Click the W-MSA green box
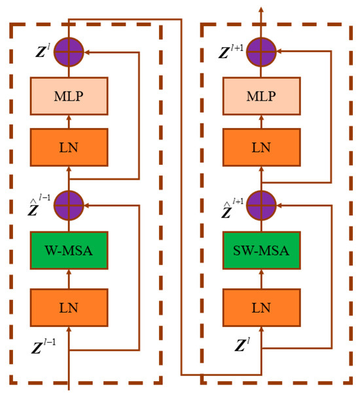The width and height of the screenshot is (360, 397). (69, 250)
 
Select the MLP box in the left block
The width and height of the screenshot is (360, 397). (69, 96)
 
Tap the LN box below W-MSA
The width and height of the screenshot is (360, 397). (69, 305)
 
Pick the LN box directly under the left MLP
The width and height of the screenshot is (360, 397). (69, 148)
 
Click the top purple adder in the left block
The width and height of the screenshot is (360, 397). (69, 50)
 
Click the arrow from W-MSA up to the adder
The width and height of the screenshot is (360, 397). (69, 225)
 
